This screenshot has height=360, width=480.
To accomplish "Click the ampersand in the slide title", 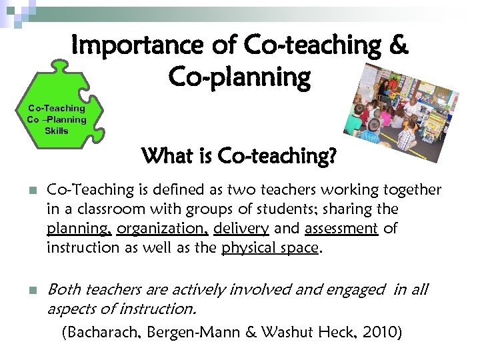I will point(396,45).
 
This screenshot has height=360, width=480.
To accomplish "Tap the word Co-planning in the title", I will point(239,77).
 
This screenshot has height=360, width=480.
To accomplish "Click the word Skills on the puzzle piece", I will point(56,131).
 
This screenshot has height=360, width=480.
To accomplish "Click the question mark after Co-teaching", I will point(331,158).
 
